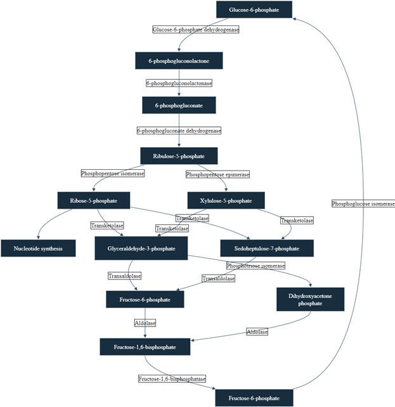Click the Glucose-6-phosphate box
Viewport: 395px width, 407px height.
tap(254, 10)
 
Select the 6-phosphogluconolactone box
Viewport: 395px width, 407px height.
tap(179, 61)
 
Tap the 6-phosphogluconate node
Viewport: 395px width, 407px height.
tap(179, 105)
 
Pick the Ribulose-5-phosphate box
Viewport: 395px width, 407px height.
tap(179, 155)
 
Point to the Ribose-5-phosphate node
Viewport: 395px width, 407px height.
tap(94, 201)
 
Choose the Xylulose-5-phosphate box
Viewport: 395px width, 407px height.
tap(226, 201)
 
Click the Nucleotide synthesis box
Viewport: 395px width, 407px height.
tap(39, 249)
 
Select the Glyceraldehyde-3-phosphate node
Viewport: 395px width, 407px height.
tap(142, 249)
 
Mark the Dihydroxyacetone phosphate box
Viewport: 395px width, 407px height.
tap(310, 299)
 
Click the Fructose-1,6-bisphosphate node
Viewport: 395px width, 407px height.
tap(145, 347)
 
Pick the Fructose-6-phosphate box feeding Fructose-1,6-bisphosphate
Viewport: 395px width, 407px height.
tap(145, 299)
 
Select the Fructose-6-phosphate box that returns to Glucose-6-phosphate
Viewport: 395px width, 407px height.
tap(254, 397)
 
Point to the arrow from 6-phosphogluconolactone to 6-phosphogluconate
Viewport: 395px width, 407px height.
tap(179, 83)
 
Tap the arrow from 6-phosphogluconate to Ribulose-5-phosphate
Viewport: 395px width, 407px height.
tap(179, 130)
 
